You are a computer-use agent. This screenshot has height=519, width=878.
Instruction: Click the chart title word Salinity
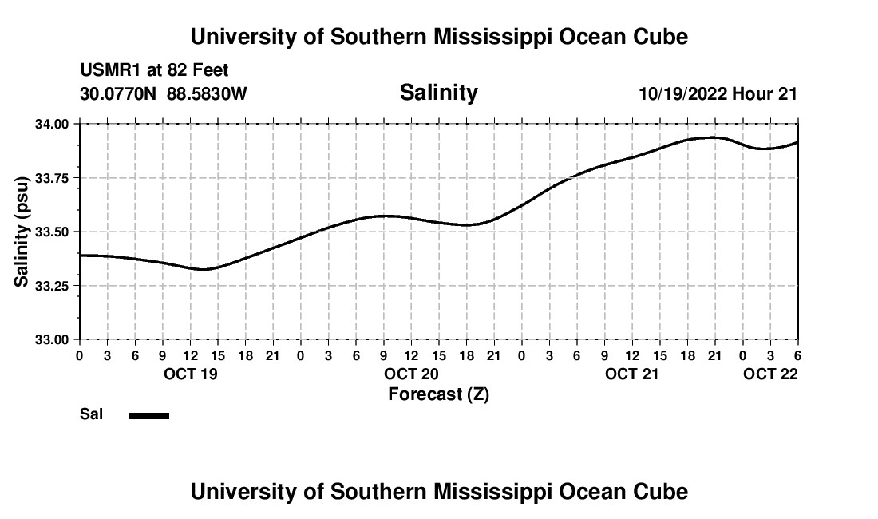point(438,93)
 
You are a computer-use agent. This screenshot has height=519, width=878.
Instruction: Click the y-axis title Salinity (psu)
point(22,232)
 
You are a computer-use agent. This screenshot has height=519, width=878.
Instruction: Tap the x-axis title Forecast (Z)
point(438,394)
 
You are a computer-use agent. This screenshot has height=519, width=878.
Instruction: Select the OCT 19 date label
point(189,374)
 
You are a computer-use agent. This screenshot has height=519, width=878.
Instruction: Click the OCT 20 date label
point(411,374)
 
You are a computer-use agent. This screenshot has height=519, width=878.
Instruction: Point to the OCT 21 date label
point(632,374)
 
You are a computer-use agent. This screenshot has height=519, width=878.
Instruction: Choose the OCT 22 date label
point(770,374)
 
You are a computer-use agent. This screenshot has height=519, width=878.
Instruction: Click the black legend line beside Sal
point(148,415)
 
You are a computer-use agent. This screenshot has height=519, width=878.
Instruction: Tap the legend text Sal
point(90,414)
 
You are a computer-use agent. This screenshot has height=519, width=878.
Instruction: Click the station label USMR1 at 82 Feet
point(154,71)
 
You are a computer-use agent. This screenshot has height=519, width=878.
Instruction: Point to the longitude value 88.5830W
point(207,93)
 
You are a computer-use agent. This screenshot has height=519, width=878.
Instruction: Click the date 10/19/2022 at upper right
point(682,93)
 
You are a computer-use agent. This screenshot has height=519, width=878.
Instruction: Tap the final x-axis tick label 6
point(797,355)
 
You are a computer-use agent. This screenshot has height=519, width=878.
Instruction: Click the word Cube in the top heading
point(662,37)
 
